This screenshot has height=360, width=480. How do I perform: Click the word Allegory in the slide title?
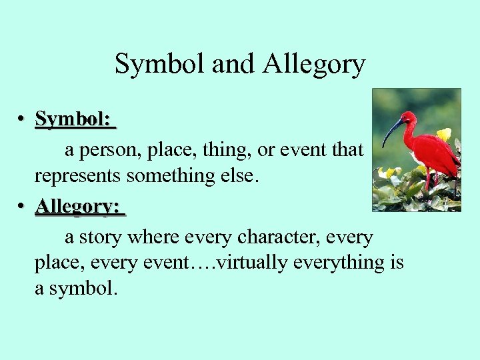[314, 65]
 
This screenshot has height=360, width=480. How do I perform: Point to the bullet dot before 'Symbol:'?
[22, 119]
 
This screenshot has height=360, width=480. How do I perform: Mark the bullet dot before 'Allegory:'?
[22, 207]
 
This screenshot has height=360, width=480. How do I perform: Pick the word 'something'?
[166, 175]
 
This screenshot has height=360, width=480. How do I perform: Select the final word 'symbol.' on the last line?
[83, 288]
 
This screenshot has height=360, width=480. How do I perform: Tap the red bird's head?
[407, 119]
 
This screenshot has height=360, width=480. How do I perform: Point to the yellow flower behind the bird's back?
[443, 133]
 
